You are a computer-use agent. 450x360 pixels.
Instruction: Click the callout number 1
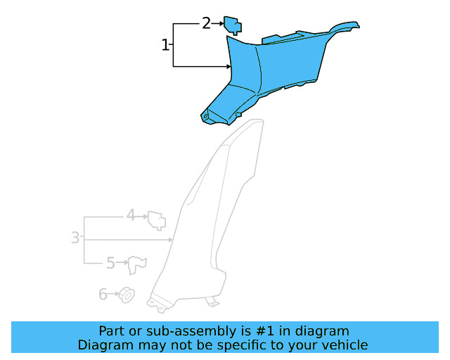[x=165, y=45]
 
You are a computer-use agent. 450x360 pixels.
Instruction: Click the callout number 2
[x=206, y=23]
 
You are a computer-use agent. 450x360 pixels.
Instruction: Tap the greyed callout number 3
[x=75, y=238]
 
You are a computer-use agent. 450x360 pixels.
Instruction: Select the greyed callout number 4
[x=131, y=215]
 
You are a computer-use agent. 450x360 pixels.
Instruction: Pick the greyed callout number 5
[x=111, y=263]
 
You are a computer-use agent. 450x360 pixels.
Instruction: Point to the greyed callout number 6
[x=103, y=295]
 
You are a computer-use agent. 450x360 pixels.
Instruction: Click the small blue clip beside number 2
[x=233, y=25]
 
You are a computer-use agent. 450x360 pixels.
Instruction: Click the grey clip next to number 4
[x=157, y=221]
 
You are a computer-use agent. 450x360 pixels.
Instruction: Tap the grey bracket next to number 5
[x=137, y=265]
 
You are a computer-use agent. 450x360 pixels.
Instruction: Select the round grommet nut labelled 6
[x=127, y=295]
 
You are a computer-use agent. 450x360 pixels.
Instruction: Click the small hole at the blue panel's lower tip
[x=205, y=116]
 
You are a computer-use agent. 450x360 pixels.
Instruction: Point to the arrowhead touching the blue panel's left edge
[x=229, y=67]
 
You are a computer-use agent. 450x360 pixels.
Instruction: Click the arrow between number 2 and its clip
[x=217, y=23]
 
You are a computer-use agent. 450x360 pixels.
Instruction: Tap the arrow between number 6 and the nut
[x=113, y=294]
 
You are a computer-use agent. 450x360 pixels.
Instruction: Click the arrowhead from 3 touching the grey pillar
[x=170, y=240]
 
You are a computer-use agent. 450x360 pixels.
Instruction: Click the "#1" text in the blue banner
[x=264, y=331]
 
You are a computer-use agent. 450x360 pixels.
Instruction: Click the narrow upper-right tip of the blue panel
[x=357, y=25]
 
